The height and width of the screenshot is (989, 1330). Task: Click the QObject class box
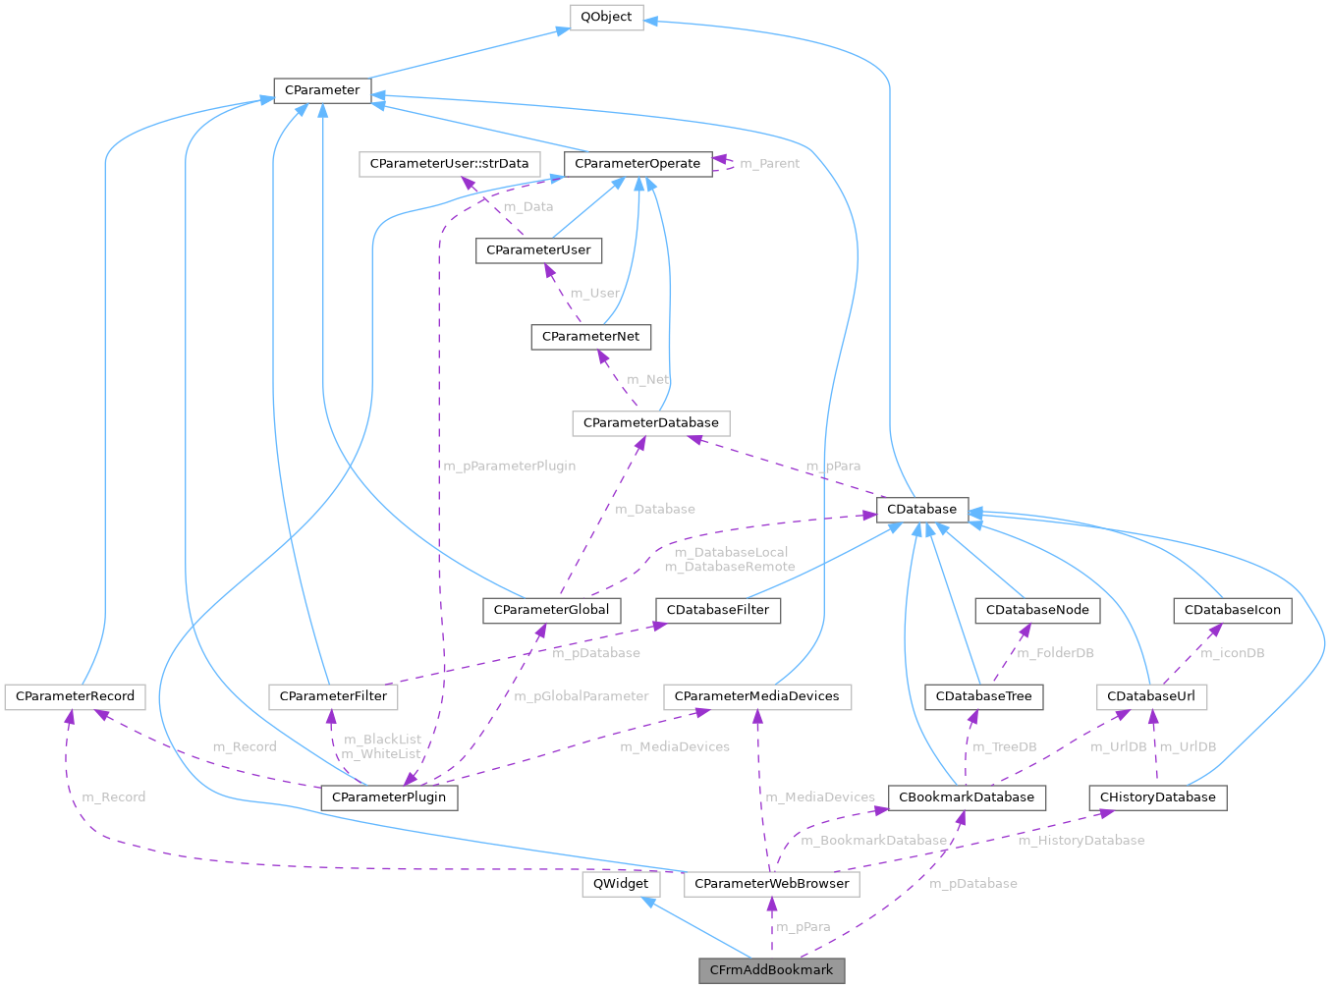[x=606, y=17]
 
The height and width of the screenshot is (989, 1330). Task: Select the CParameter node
[x=321, y=90]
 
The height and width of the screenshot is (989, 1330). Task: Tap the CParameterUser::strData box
[x=449, y=163]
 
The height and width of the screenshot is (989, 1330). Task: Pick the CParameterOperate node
[x=637, y=163]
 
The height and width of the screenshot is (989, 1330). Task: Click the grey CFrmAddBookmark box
[x=771, y=970]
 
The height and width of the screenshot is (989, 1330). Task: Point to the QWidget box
[x=621, y=883]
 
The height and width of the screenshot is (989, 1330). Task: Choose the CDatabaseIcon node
[x=1232, y=610]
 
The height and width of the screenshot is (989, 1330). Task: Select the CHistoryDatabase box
[x=1157, y=797]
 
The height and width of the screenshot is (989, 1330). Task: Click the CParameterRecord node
[x=75, y=696]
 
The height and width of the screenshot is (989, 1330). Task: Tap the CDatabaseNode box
[x=1037, y=610]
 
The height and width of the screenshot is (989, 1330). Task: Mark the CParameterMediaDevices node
[x=756, y=696]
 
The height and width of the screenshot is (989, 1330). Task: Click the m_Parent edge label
[x=769, y=164]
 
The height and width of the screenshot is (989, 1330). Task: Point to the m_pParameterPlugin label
[x=509, y=466]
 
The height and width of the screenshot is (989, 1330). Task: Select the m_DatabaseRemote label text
[x=729, y=567]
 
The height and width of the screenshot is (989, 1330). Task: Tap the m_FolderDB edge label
[x=1055, y=653]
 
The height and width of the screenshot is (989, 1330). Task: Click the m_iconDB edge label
[x=1233, y=653]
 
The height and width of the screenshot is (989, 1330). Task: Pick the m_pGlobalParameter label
[x=582, y=696]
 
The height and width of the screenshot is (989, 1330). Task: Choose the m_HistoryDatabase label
[x=1081, y=840]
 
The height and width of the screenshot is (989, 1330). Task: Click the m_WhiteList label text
[x=381, y=753]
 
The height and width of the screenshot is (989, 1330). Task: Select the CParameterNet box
[x=590, y=336]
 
